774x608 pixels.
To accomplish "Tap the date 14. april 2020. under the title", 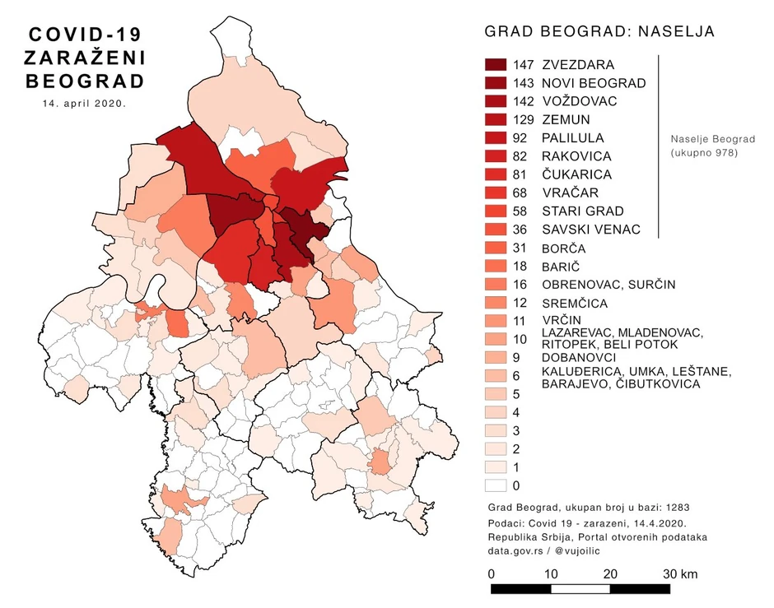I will (84, 104).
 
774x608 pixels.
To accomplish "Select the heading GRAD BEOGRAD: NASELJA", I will (599, 32).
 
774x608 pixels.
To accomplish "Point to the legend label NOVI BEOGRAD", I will (594, 83).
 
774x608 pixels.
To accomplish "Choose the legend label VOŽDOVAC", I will (579, 101).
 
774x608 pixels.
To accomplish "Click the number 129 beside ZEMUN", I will (522, 120).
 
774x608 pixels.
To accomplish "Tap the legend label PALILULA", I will (572, 138).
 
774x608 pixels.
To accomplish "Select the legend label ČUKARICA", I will (576, 174).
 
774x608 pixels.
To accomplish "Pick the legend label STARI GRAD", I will (583, 211).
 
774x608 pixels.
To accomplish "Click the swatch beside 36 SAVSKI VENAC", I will (496, 230).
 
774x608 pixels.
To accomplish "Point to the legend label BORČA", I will (563, 248).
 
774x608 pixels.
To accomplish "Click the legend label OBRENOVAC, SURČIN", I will (608, 285).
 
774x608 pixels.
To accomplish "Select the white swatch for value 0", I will (496, 485).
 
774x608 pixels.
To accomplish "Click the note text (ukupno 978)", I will (702, 153).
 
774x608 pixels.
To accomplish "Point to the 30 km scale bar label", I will (681, 573).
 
